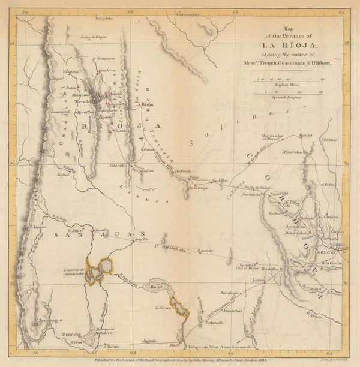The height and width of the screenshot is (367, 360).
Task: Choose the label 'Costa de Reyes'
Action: (93, 37)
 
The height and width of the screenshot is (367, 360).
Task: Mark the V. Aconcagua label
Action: (49, 320)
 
